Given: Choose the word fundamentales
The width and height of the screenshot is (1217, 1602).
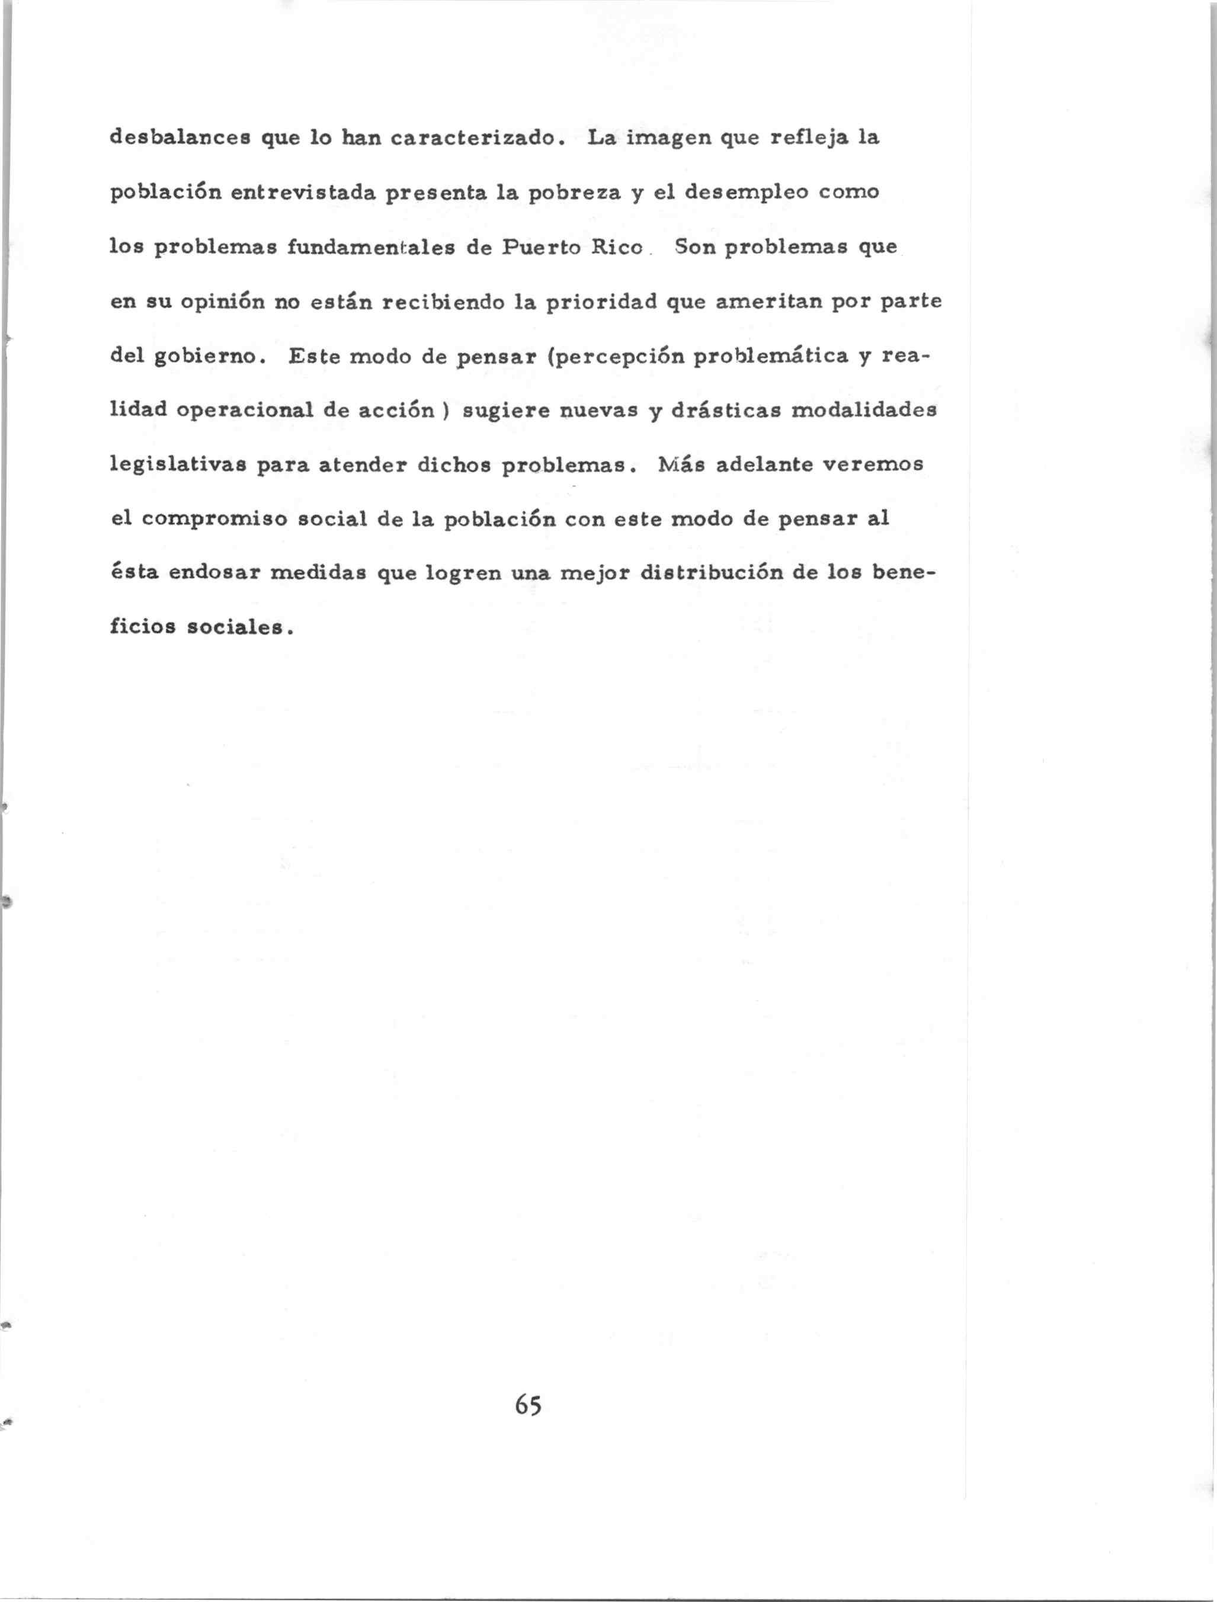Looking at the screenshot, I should pos(371,247).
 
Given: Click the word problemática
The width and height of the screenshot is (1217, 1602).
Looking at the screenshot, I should pos(771,356).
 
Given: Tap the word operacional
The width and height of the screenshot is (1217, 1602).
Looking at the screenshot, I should pos(244,411).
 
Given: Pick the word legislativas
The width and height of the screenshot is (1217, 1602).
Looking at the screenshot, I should pos(178,465).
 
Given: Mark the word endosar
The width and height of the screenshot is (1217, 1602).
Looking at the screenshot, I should pos(214,573).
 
